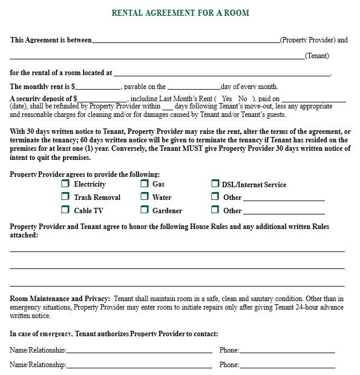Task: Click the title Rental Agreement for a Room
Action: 180,13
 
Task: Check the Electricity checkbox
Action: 65,184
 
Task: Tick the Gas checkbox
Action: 145,184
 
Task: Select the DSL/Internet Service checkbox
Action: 215,184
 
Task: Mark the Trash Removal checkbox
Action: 65,197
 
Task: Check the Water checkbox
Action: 145,197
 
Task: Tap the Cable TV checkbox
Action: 65,210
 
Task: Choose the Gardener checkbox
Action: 145,210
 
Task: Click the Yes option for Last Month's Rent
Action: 227,99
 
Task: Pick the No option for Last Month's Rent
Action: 243,99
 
